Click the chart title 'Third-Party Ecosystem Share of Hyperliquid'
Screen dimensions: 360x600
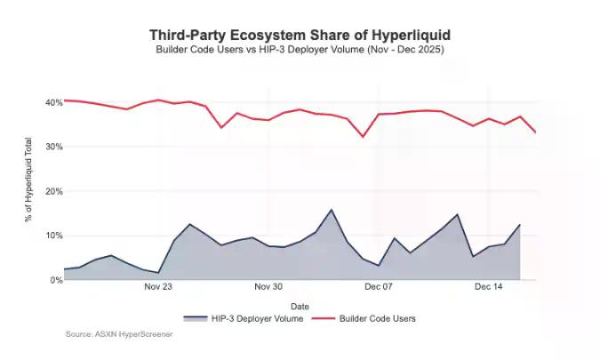300,35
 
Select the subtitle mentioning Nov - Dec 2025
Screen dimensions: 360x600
300,50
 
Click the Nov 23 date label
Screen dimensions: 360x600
158,287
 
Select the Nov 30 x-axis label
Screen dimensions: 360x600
268,287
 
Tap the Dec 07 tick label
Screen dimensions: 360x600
379,287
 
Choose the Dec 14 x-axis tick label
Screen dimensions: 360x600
489,287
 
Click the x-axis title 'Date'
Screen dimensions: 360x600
300,306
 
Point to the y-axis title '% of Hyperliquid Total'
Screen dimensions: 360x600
30,191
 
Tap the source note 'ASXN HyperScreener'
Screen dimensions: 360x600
119,334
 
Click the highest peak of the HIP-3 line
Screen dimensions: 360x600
332,210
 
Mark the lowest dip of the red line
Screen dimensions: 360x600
363,136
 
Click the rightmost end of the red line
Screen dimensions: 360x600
535,132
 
